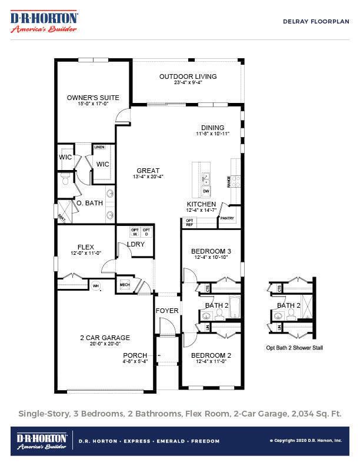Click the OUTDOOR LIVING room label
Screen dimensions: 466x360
[x=188, y=76]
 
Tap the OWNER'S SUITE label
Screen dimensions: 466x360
[x=93, y=98]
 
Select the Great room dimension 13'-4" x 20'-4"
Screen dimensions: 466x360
[x=148, y=177]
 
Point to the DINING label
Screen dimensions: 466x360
[x=212, y=128]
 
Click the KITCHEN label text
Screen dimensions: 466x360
[x=201, y=204]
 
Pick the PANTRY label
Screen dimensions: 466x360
[x=227, y=218]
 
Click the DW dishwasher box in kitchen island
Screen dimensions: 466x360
[x=206, y=191]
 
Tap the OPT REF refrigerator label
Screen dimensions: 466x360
[x=189, y=222]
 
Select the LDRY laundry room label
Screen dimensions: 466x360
[x=136, y=244]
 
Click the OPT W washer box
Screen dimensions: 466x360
[x=134, y=232]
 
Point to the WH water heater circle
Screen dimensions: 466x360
[x=96, y=286]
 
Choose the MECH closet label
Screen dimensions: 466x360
[x=125, y=285]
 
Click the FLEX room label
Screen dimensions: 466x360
[x=86, y=247]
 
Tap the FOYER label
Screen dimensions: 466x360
[x=166, y=311]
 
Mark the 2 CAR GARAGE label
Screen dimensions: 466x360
[x=105, y=338]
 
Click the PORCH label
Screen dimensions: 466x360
[x=135, y=355]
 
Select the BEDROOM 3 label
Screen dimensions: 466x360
[x=211, y=251]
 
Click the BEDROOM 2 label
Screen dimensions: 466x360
[x=211, y=355]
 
